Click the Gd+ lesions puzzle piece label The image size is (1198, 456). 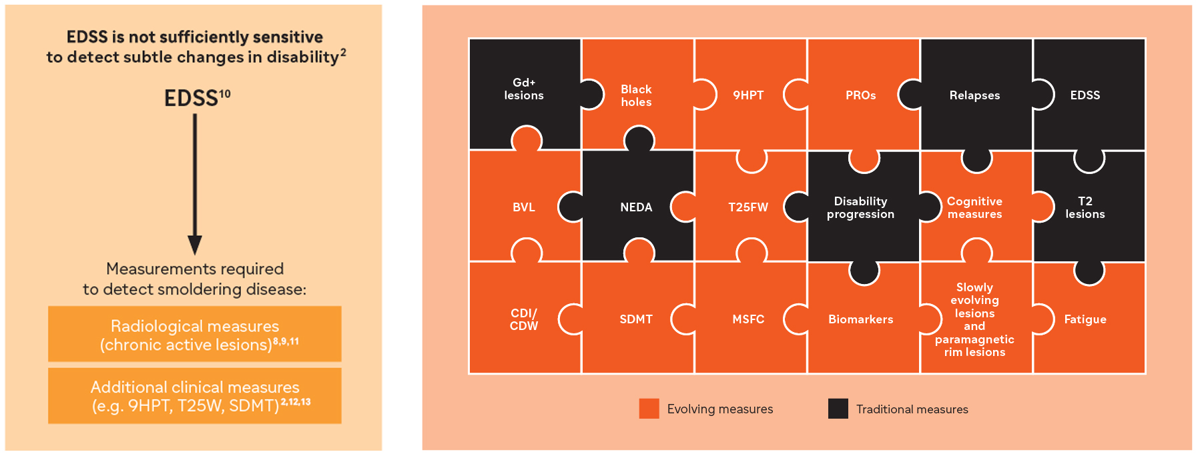(x=524, y=89)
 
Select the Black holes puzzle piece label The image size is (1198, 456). (x=636, y=95)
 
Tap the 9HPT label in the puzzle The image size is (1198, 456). (x=748, y=95)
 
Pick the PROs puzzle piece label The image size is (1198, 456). (x=860, y=95)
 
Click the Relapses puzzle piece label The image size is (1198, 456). (x=974, y=95)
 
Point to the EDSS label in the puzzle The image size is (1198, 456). (x=1085, y=95)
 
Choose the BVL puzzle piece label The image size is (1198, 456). (x=524, y=207)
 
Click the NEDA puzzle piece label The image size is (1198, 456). (x=636, y=207)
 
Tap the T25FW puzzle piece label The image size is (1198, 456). (x=748, y=207)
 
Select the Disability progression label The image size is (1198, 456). (x=860, y=207)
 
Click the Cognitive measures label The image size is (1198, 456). (x=974, y=207)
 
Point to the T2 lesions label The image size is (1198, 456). (x=1085, y=207)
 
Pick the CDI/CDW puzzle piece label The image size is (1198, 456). (x=524, y=319)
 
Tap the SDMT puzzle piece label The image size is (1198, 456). (x=636, y=319)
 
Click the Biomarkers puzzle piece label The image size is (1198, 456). (x=860, y=319)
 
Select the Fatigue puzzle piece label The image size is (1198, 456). (x=1085, y=319)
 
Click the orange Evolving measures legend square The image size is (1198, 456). (x=649, y=409)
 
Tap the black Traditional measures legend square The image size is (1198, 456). (x=838, y=409)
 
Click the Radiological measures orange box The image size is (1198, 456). (x=195, y=334)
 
